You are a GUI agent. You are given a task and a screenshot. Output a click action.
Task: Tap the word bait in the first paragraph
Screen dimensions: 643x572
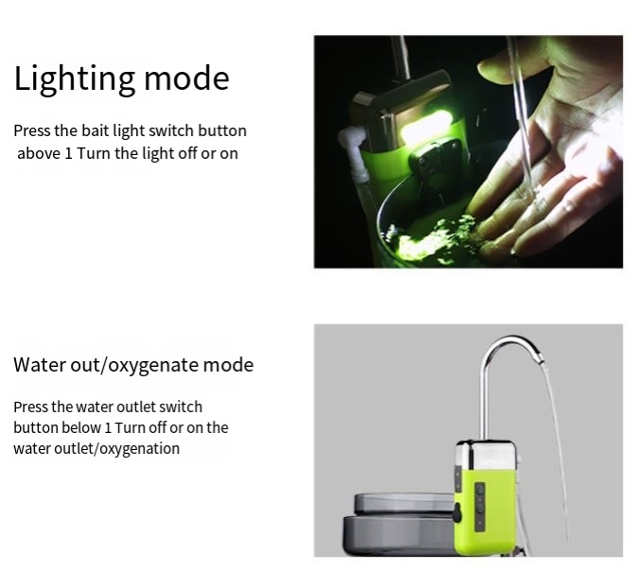click(x=96, y=130)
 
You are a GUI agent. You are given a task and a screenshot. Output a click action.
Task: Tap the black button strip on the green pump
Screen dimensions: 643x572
click(x=479, y=505)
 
